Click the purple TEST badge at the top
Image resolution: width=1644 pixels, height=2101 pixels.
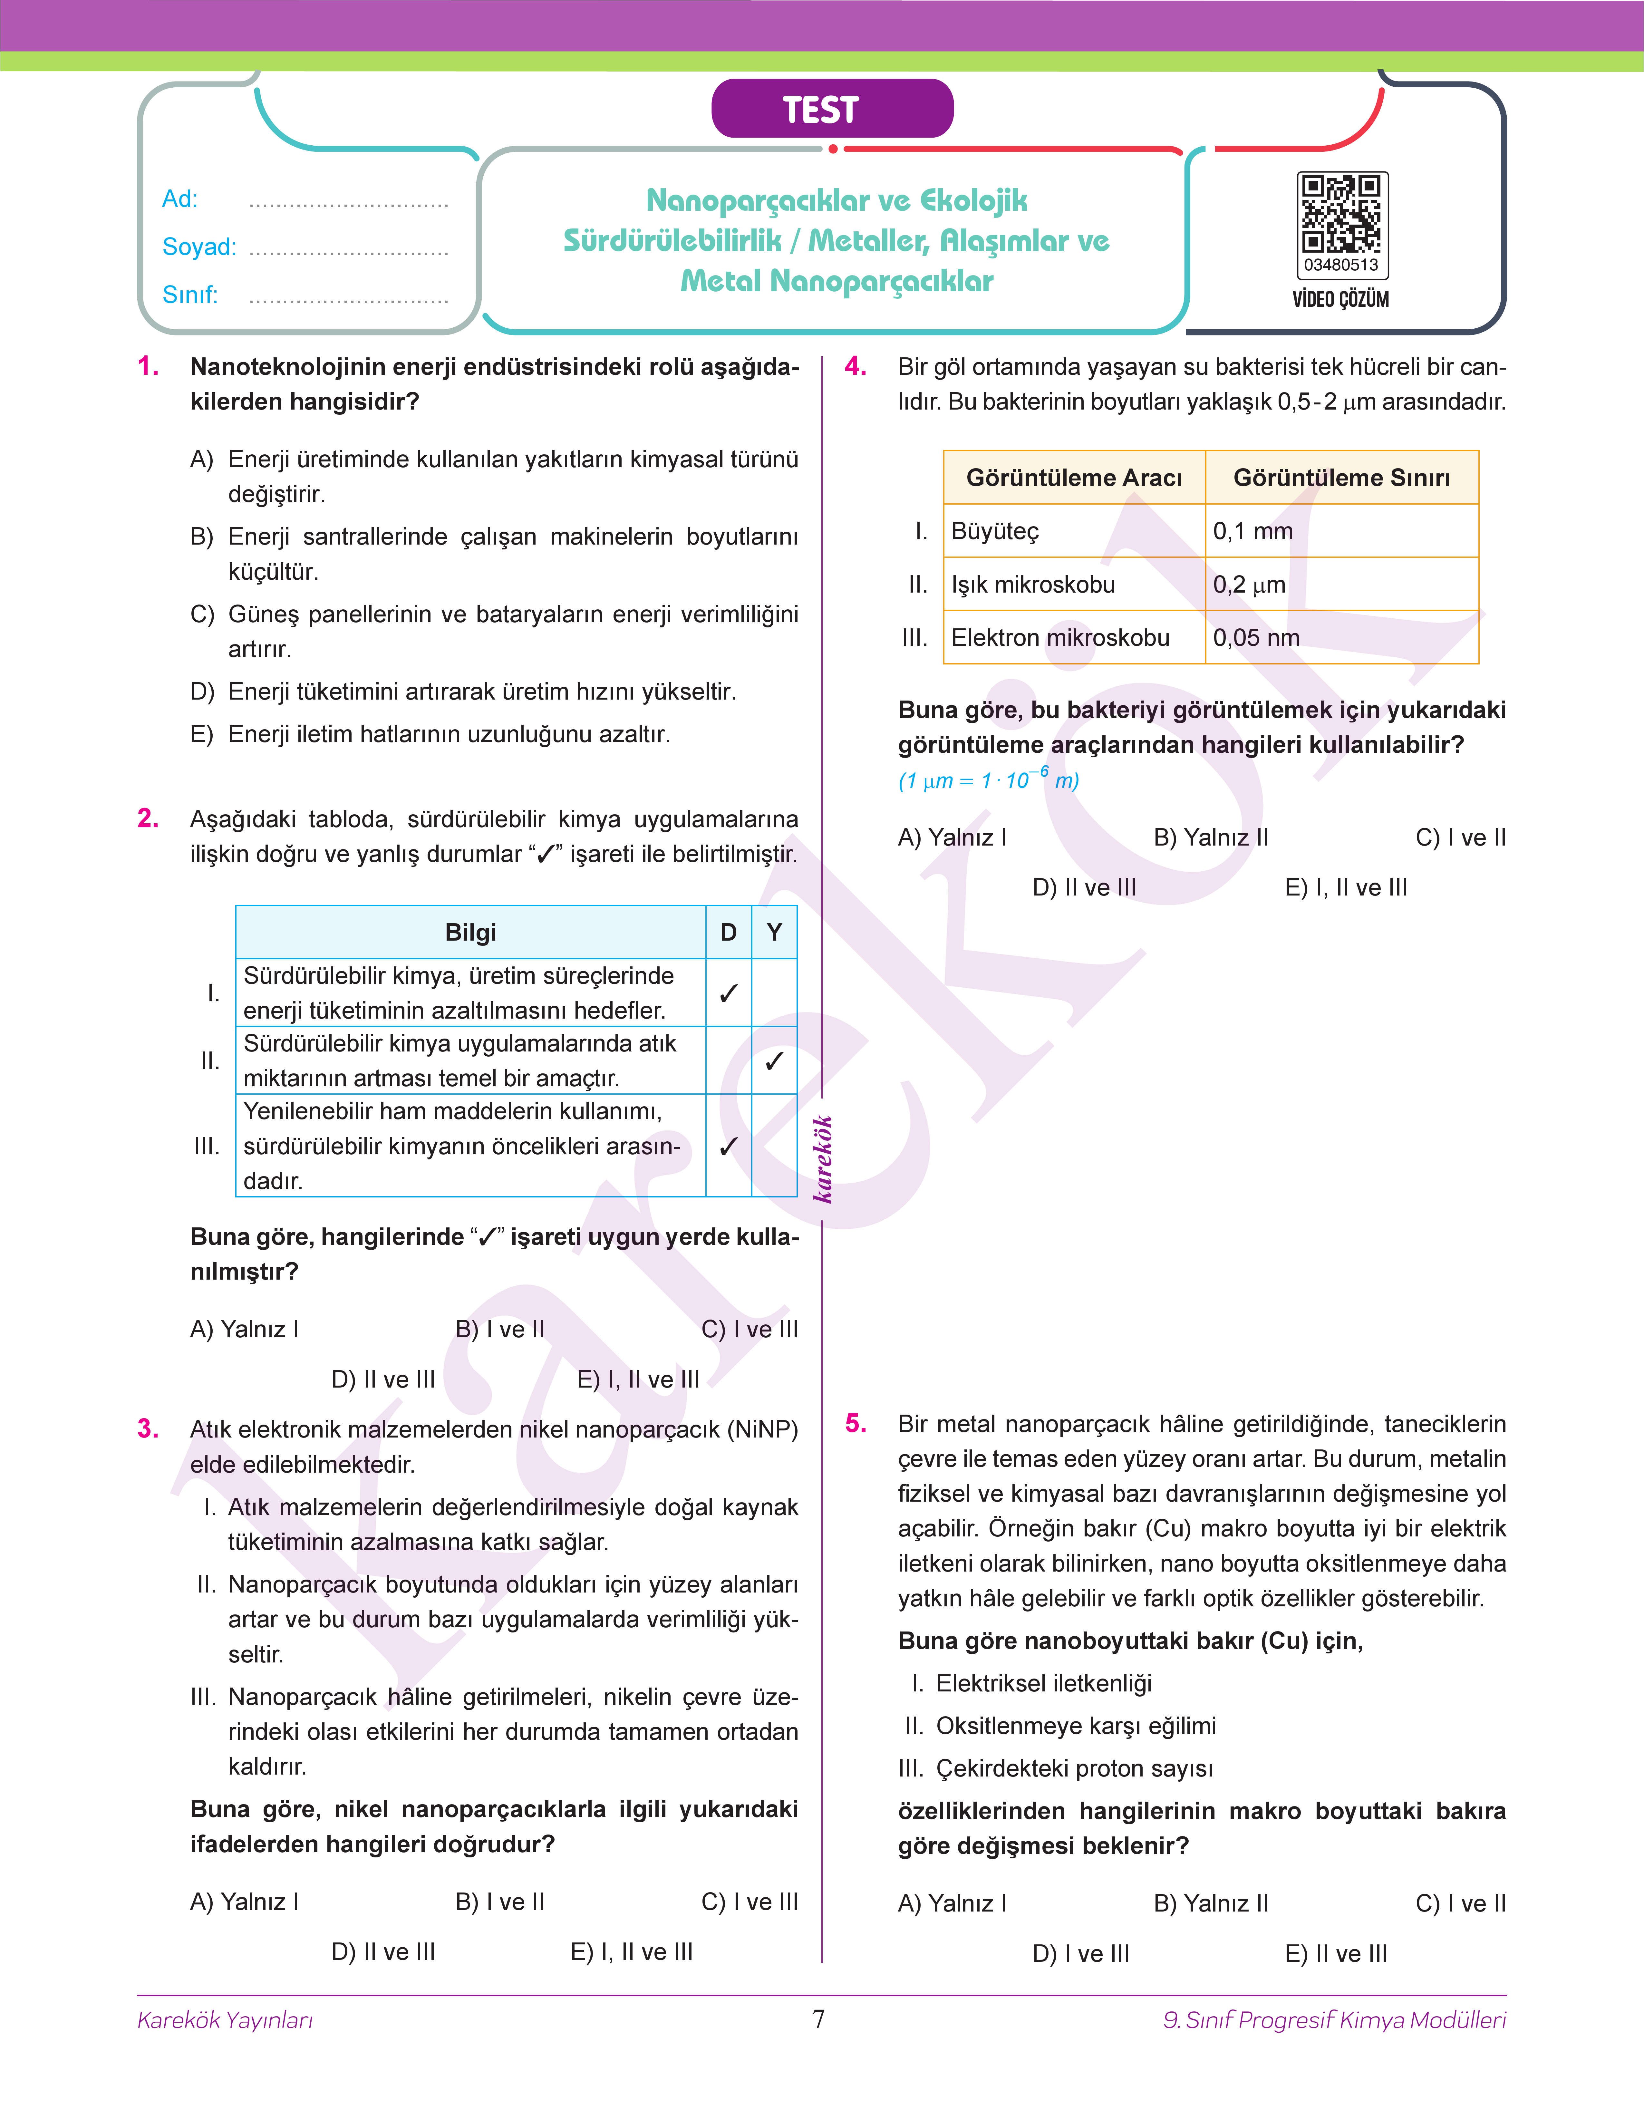[x=832, y=109]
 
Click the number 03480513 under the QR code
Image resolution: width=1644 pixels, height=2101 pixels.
[x=1341, y=265]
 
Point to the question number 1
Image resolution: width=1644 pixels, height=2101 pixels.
[x=148, y=367]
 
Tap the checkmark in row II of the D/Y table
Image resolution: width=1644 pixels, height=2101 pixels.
[x=774, y=1060]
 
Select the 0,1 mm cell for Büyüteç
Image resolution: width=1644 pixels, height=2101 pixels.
[x=1253, y=531]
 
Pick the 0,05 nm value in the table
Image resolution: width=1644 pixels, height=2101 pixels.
[x=1256, y=638]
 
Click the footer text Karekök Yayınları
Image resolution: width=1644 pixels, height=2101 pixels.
[x=225, y=2020]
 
